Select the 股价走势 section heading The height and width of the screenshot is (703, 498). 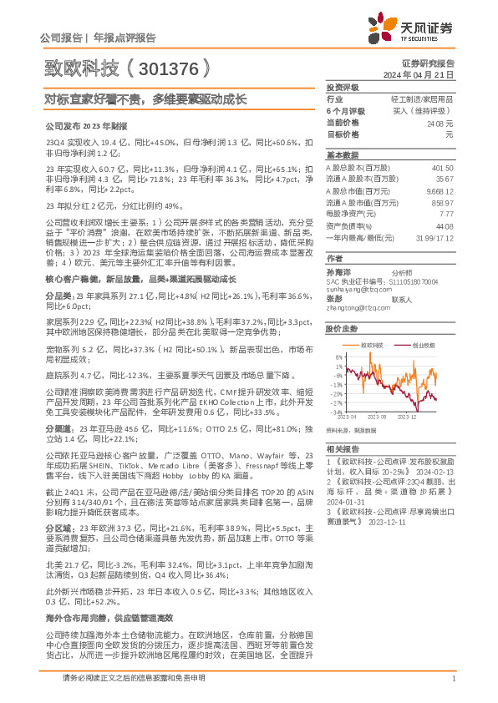pyautogui.click(x=342, y=329)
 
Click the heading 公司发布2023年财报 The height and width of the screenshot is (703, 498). pyautogui.click(x=84, y=124)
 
